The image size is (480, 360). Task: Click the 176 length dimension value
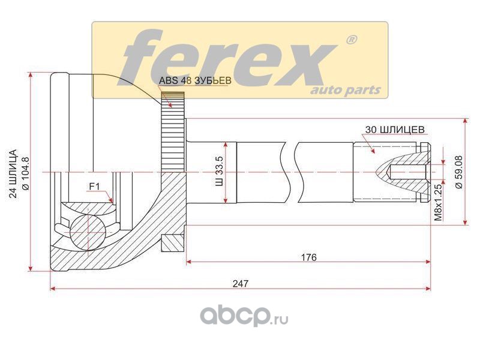309,257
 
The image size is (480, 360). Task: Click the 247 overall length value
241,284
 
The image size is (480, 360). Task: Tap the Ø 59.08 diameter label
459,172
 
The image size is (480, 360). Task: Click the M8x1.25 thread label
439,202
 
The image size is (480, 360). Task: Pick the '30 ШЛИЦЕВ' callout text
395,130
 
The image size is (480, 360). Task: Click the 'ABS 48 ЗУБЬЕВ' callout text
194,80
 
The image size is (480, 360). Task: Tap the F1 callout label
95,186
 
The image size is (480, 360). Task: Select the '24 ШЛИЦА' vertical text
14,173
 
